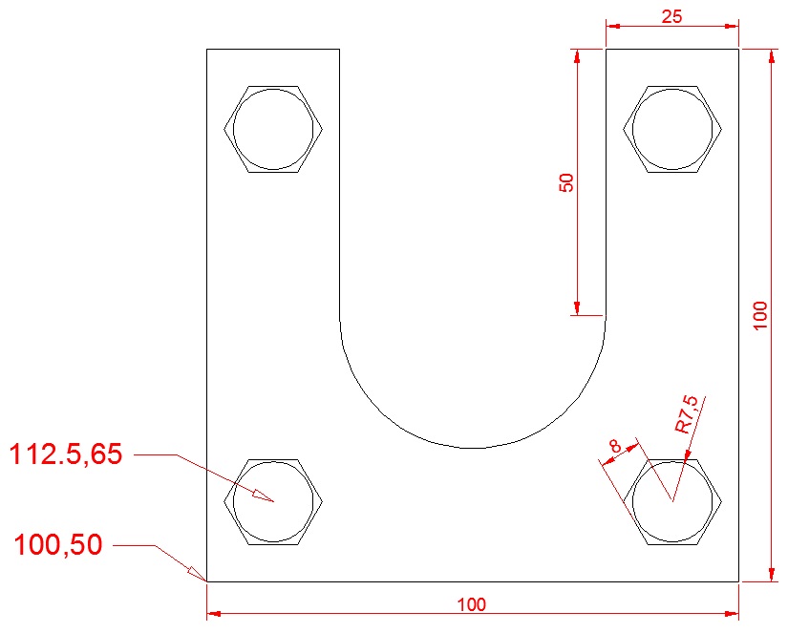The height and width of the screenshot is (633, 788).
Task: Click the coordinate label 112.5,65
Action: (x=66, y=454)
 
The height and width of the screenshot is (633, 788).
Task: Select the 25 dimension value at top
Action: (x=671, y=16)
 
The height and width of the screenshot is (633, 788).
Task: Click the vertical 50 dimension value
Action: (x=567, y=182)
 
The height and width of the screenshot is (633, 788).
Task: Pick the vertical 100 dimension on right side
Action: (x=760, y=315)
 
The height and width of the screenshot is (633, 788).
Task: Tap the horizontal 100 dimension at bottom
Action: (x=472, y=603)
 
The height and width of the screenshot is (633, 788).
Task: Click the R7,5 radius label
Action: (x=687, y=415)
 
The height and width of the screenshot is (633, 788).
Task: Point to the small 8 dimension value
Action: (x=613, y=446)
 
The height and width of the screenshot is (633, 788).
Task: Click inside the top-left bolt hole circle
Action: (x=273, y=129)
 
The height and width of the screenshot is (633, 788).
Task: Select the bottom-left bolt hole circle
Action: (x=273, y=501)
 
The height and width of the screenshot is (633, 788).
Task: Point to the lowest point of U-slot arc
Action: (x=473, y=448)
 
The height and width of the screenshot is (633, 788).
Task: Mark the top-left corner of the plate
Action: (x=207, y=49)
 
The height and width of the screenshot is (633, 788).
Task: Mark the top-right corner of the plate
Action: (x=738, y=49)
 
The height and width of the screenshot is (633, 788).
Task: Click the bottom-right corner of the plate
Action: (x=738, y=580)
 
